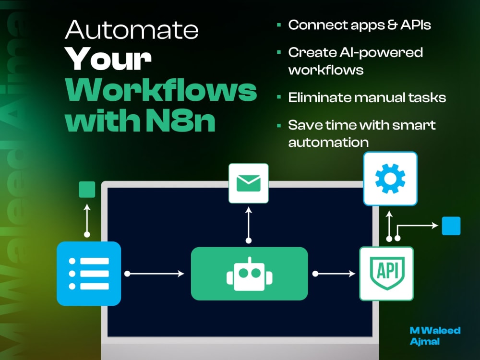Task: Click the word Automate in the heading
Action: [132, 30]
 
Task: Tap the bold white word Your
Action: [108, 59]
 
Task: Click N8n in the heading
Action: [180, 120]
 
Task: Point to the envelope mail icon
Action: [249, 183]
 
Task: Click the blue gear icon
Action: [390, 179]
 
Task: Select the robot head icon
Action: [250, 274]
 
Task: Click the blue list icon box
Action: [89, 274]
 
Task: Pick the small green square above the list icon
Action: [87, 190]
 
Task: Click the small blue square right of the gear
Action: [451, 226]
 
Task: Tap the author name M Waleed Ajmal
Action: [435, 336]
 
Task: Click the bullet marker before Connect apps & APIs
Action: [278, 25]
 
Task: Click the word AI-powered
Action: [381, 53]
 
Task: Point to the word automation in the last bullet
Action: [328, 143]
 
